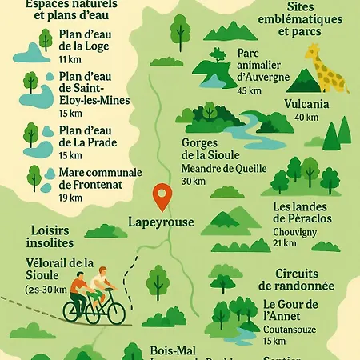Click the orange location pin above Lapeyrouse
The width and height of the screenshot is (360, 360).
pos(162,195)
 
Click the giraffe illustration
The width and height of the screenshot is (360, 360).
pos(326,67)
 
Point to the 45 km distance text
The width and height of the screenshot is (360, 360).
pos(248,90)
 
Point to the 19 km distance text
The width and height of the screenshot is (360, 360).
pos(70,198)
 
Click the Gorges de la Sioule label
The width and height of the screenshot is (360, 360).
pos(206,149)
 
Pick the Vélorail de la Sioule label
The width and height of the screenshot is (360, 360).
pos(60,269)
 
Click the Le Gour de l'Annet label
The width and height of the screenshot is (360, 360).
pos(290,310)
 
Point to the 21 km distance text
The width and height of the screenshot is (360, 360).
pos(284,243)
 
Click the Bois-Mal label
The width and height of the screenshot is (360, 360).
pos(173,350)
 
